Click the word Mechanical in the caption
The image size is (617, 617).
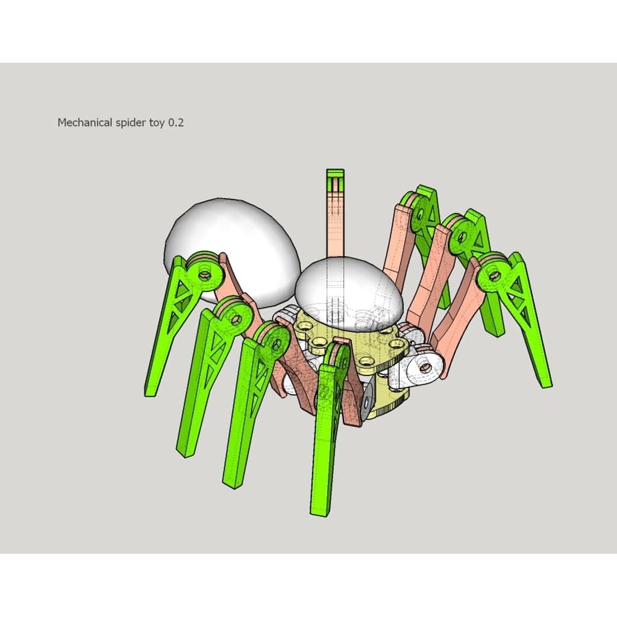[x=85, y=123]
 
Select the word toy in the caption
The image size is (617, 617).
[x=157, y=124]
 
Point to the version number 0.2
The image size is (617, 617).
[x=176, y=123]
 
